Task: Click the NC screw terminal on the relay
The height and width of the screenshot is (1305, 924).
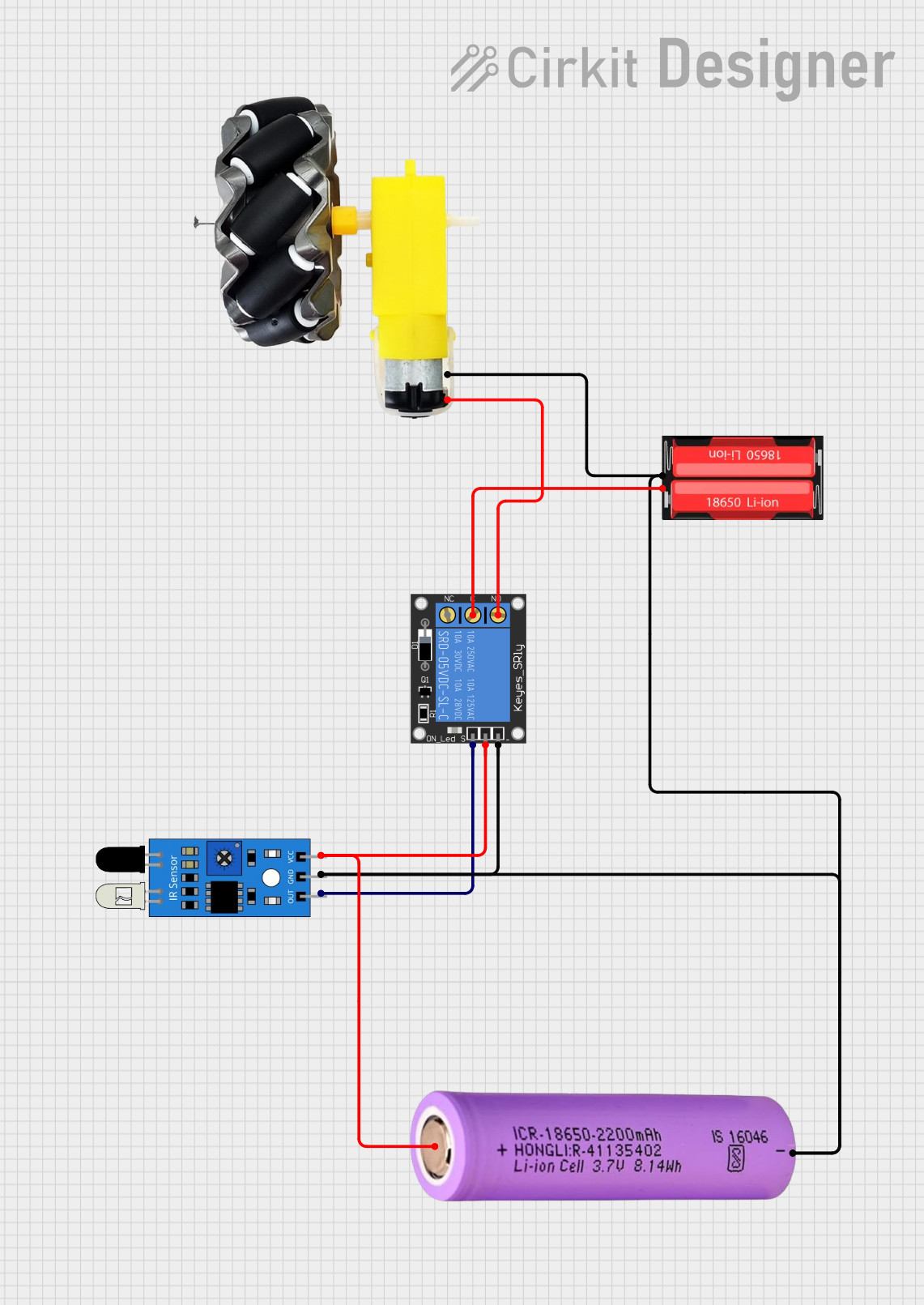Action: (447, 616)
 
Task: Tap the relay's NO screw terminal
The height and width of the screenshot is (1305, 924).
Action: (498, 616)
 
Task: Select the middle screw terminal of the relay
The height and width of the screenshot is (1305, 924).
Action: (473, 616)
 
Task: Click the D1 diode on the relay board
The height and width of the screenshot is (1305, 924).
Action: (424, 645)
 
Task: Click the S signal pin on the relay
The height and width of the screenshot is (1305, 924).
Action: (473, 734)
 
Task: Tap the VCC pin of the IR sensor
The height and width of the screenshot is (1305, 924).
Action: (302, 855)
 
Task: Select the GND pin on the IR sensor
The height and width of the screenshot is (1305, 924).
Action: (302, 875)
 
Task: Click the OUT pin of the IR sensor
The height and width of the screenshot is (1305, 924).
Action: (302, 894)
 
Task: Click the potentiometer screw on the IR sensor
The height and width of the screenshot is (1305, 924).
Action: (224, 858)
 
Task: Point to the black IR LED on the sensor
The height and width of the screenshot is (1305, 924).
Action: (120, 859)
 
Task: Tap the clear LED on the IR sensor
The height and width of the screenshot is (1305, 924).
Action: (120, 896)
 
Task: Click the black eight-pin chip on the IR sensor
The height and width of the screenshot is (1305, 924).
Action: (224, 897)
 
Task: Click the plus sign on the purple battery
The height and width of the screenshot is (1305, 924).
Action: (502, 1150)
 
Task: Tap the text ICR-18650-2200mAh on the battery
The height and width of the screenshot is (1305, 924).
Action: (586, 1134)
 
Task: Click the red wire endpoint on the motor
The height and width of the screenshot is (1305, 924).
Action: (448, 400)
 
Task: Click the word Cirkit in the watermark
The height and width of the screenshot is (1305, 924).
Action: (572, 68)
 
